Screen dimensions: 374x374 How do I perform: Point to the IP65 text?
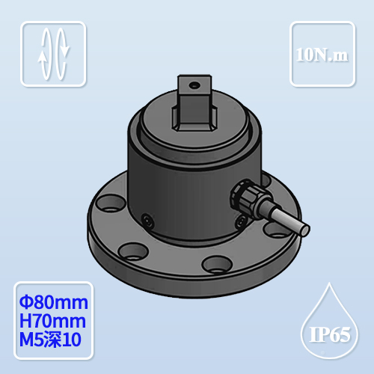pos(328,334)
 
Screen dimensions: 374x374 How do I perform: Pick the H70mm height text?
pos(52,322)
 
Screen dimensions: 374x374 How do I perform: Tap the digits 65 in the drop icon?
pos(337,334)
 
